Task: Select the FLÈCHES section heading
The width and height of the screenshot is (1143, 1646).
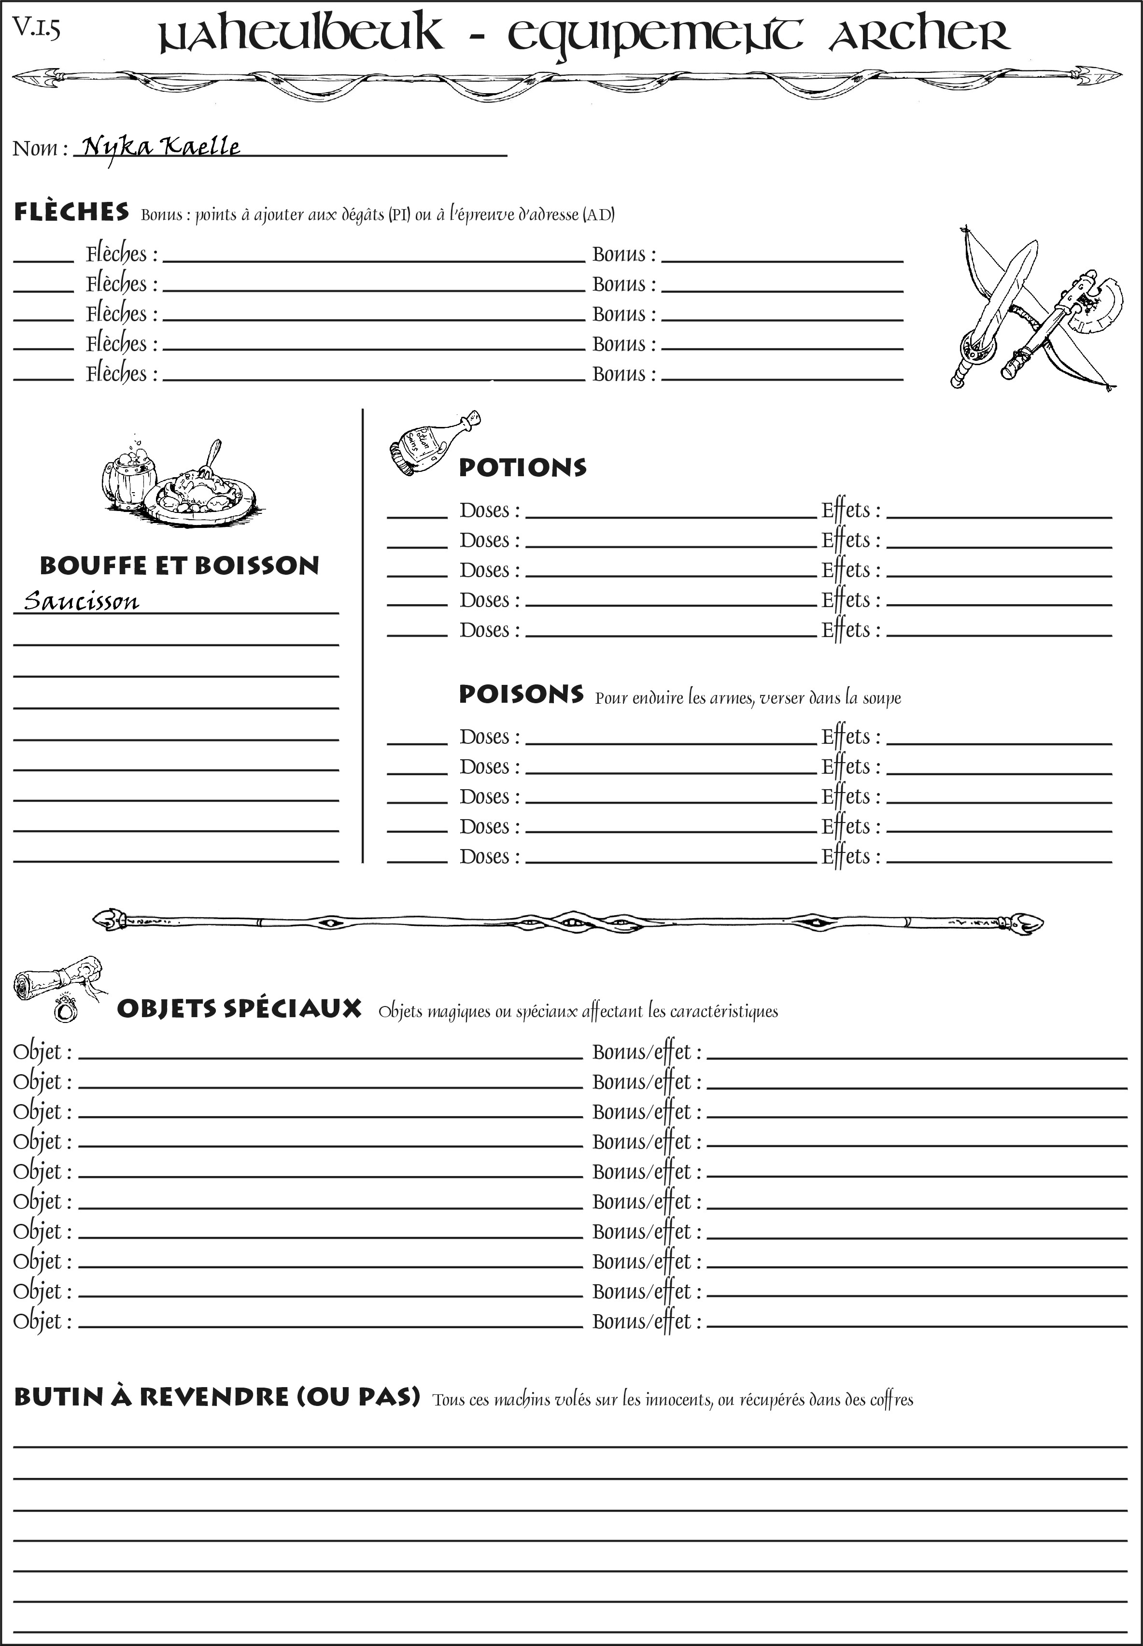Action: (71, 212)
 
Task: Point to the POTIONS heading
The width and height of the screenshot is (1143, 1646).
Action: (522, 468)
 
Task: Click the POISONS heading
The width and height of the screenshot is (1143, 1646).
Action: (521, 694)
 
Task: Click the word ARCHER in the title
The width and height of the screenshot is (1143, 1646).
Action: (919, 36)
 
